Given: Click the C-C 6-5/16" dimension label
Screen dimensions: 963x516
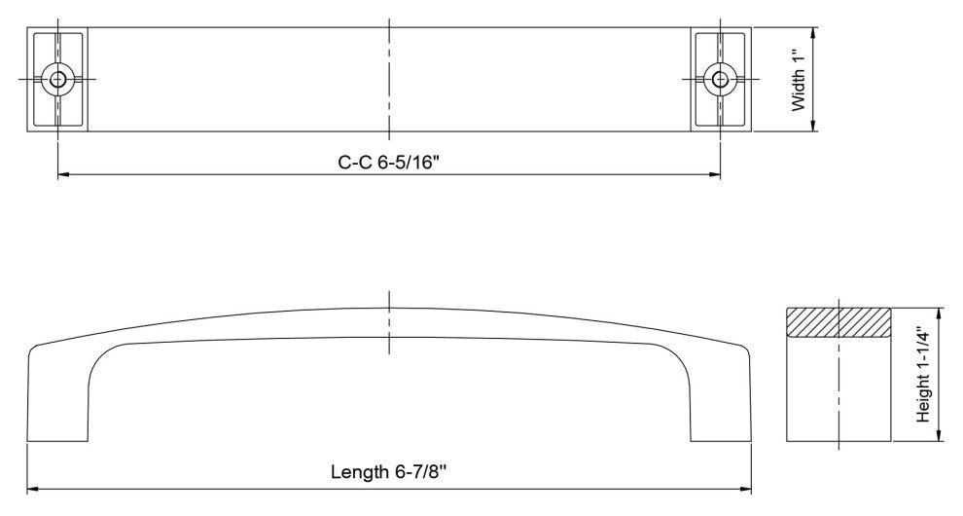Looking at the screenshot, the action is (x=389, y=163).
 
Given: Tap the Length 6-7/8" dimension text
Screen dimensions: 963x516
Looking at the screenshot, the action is (x=388, y=472).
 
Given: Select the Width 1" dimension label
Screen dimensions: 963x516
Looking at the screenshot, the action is (x=798, y=81).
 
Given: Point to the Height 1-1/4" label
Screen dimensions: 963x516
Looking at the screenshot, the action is (x=923, y=374).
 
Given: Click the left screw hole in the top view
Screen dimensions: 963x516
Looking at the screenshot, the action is (x=58, y=79).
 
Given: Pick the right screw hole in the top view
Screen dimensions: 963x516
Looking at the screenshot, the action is (x=720, y=79).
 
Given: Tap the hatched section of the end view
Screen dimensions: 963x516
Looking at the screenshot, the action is (x=838, y=322).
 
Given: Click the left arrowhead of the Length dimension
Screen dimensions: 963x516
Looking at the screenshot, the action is (x=33, y=490).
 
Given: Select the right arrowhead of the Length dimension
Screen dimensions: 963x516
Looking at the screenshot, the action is (x=745, y=490).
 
